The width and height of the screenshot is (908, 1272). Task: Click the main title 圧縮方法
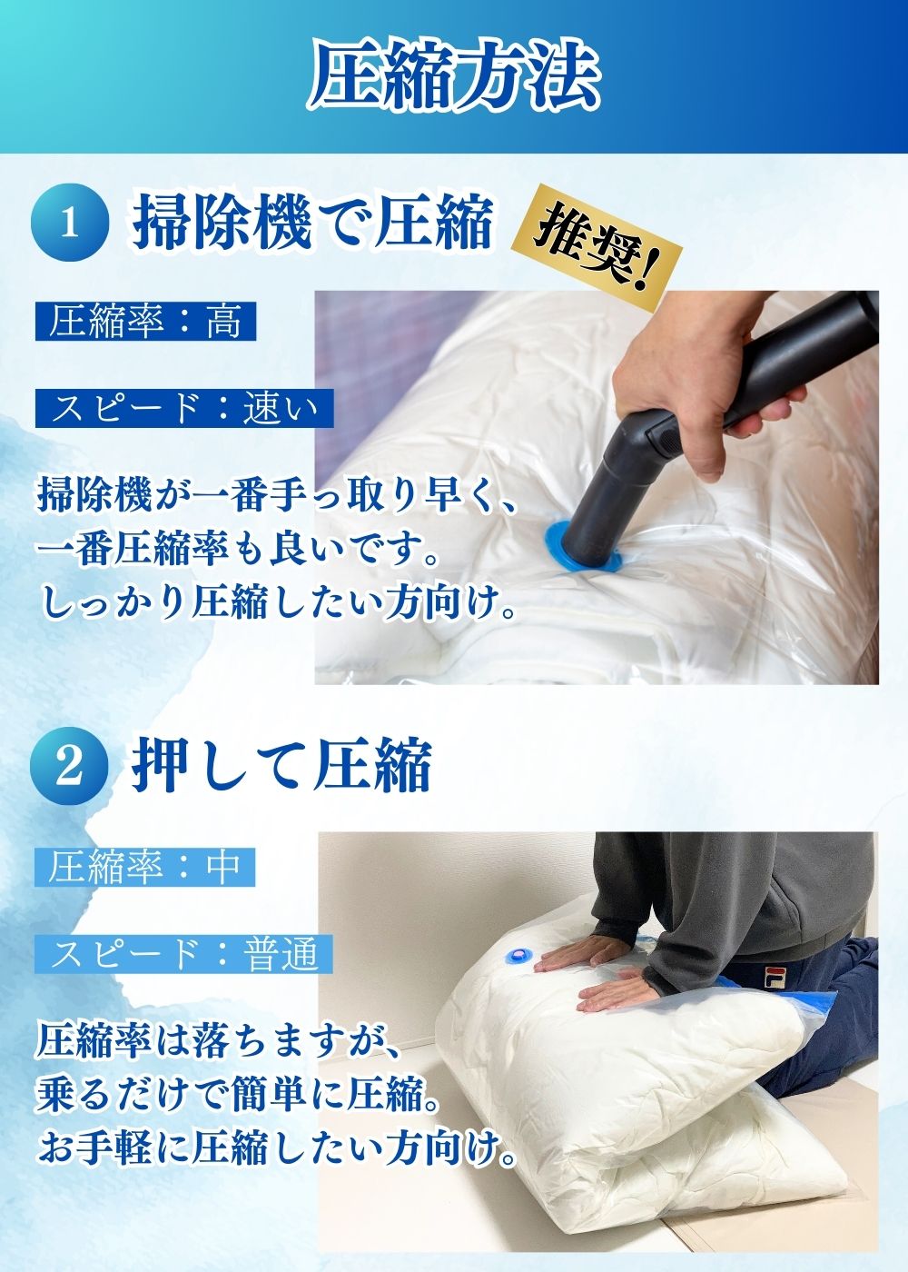(454, 77)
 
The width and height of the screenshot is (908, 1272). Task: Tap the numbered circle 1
(70, 224)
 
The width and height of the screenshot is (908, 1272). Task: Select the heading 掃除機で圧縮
(312, 223)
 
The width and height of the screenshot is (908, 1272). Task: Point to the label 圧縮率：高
(145, 322)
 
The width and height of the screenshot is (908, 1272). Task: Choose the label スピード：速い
(183, 408)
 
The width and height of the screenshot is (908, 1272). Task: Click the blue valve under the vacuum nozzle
(585, 544)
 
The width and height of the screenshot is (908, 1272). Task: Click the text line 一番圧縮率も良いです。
(238, 550)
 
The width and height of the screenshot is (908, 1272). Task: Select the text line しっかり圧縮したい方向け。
(277, 605)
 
